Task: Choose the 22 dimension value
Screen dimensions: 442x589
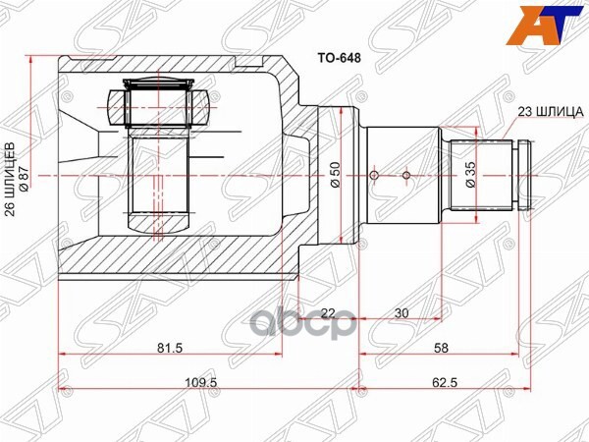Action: point(328,312)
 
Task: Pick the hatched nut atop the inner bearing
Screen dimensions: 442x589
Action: point(158,104)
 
